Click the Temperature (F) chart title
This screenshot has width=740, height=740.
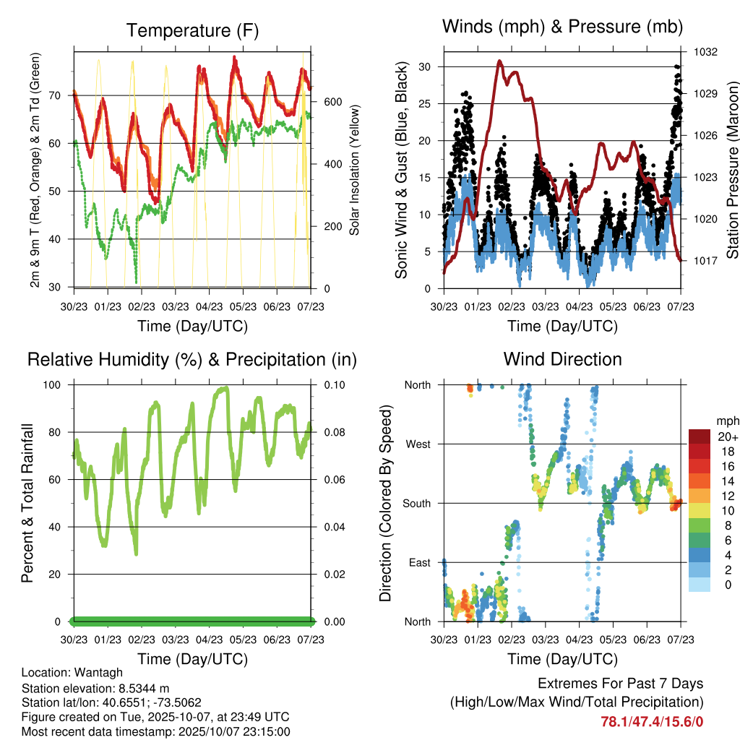pos(192,30)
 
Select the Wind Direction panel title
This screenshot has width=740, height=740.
pos(562,359)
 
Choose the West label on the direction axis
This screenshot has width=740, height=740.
pos(418,444)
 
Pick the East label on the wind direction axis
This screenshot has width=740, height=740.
pos(419,562)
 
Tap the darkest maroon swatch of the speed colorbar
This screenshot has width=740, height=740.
pos(701,436)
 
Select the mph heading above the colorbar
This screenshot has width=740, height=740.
pos(726,421)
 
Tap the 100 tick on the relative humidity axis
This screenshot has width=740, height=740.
pos(55,384)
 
